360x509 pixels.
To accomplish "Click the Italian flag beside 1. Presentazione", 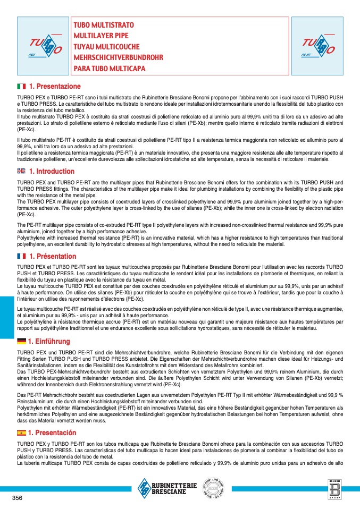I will pos(21,86).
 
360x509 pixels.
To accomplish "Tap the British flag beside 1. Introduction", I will pos(21,171).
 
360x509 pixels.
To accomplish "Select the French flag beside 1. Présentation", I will pos(21,256).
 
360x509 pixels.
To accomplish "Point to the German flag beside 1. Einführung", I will pos(21,341).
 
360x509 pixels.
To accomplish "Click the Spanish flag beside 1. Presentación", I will pos(21,432).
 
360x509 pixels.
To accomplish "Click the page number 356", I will pos(18,497).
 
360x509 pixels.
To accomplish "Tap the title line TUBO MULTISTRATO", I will pos(104,25).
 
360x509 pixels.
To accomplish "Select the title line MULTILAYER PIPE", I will pos(101,36).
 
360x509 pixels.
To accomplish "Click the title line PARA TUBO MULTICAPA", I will pos(109,69).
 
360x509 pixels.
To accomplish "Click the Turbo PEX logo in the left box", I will pos(43,46).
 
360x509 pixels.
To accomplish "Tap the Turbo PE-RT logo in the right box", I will pos(317,46).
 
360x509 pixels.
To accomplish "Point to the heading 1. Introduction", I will pos(52,171).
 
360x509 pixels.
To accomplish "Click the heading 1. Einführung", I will pos(49,341).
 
